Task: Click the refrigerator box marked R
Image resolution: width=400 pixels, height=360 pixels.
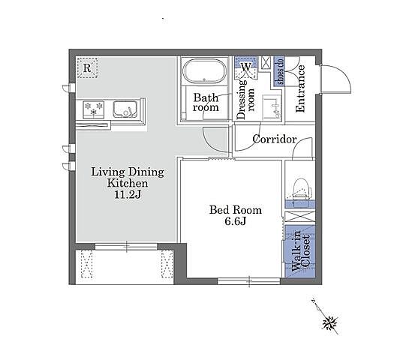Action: pyautogui.click(x=87, y=67)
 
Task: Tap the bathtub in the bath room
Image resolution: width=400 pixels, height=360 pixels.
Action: pyautogui.click(x=205, y=71)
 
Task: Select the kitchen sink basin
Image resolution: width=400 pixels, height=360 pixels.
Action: pyautogui.click(x=125, y=109)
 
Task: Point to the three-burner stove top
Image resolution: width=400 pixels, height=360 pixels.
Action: pyautogui.click(x=94, y=109)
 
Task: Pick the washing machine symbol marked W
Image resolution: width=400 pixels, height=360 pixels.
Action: pyautogui.click(x=245, y=67)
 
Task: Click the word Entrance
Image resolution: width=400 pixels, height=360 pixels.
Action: pyautogui.click(x=300, y=88)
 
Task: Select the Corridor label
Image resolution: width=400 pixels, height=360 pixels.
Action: pyautogui.click(x=275, y=139)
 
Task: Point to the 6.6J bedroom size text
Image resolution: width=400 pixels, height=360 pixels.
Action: pyautogui.click(x=235, y=221)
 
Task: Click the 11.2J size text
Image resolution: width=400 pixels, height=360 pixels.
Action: pyautogui.click(x=128, y=195)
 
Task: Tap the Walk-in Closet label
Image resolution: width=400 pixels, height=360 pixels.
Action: pyautogui.click(x=301, y=251)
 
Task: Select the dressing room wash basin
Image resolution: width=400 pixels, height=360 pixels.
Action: pyautogui.click(x=272, y=107)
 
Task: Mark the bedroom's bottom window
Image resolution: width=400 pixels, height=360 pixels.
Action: pyautogui.click(x=249, y=281)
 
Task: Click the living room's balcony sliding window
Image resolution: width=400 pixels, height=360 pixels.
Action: pyautogui.click(x=126, y=247)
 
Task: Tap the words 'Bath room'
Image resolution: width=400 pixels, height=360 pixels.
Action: pyautogui.click(x=206, y=103)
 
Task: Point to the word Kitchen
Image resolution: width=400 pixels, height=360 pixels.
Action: pyautogui.click(x=128, y=183)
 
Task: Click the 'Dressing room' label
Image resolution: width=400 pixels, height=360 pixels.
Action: pyautogui.click(x=245, y=99)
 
